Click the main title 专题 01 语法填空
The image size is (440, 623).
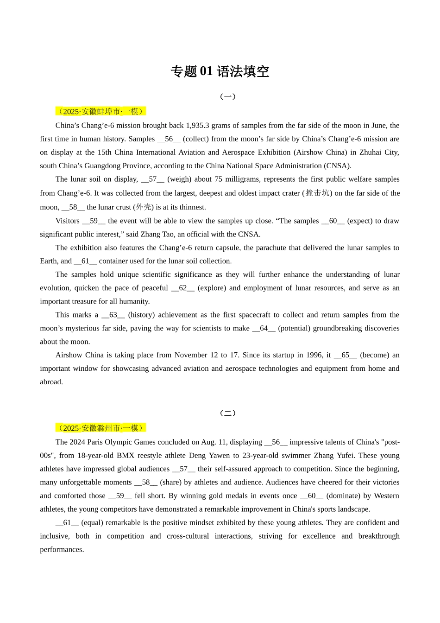point(220,71)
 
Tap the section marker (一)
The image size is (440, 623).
point(227,96)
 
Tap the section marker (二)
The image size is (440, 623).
point(227,413)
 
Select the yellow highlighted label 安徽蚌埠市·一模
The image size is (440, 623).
point(101,111)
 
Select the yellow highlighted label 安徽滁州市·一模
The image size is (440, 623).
point(101,428)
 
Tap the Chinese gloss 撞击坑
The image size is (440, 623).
point(317,193)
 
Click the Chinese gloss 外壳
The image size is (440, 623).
point(144,207)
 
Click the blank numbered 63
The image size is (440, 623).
point(113,315)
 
